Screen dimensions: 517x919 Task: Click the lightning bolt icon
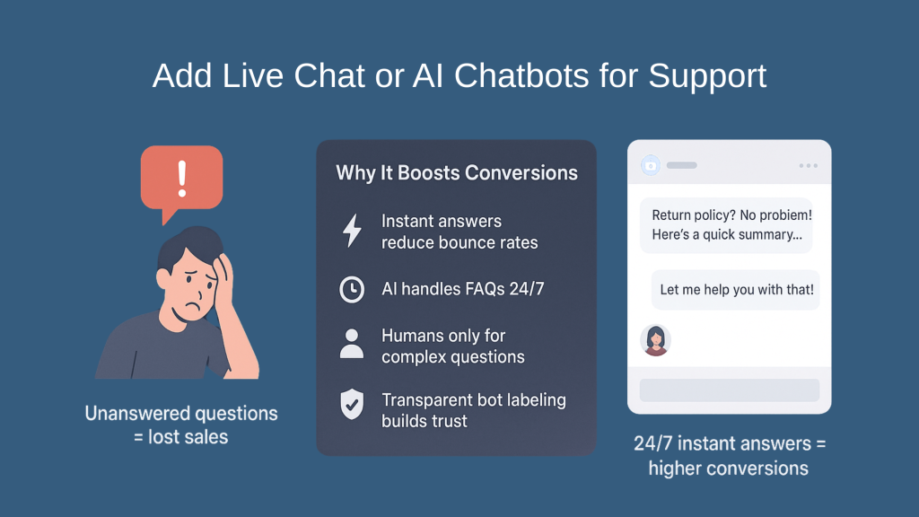352,232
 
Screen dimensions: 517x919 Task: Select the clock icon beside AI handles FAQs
352,289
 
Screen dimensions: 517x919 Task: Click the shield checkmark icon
352,404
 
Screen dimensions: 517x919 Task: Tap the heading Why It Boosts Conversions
457,172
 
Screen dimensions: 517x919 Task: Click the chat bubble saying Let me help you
736,290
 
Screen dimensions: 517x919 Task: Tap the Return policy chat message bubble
726,226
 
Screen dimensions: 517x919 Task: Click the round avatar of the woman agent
655,340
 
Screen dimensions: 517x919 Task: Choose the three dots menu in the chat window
808,166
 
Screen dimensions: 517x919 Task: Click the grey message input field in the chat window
729,390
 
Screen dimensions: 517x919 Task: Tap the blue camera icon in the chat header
651,165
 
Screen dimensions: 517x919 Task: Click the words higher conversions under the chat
728,468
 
